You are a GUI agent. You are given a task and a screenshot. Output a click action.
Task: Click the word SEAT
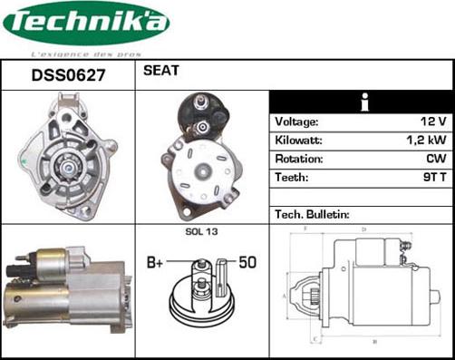(x=160, y=71)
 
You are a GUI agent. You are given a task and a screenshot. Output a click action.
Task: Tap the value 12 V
(x=432, y=122)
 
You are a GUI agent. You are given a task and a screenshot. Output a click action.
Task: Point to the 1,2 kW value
(x=426, y=141)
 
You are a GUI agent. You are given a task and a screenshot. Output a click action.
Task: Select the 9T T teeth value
(x=433, y=178)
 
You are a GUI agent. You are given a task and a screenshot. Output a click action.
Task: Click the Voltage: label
(x=296, y=122)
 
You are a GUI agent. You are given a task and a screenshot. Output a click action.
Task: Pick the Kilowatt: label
(x=298, y=141)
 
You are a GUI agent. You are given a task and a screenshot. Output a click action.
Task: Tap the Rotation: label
(x=298, y=160)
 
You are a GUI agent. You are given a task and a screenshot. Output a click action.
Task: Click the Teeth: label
(x=292, y=178)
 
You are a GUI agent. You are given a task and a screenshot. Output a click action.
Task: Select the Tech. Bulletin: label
(x=312, y=215)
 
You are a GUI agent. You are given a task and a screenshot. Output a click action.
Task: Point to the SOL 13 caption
(x=201, y=232)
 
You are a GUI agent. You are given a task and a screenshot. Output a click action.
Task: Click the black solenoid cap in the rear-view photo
(x=201, y=112)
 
